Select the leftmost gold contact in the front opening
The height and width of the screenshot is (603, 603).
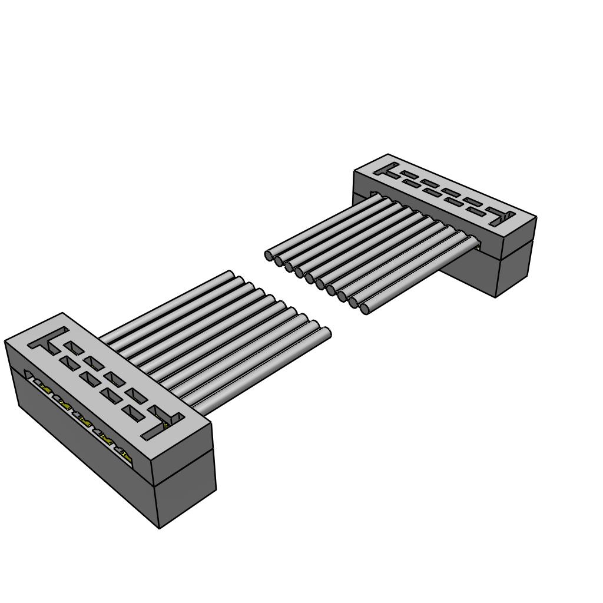pos(43,388)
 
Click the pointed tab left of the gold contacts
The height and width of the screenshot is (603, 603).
pos(28,375)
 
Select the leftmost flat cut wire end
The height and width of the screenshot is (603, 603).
pos(269,256)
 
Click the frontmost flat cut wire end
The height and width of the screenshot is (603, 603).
pos(365,309)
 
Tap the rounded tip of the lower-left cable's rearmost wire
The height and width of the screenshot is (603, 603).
pos(231,274)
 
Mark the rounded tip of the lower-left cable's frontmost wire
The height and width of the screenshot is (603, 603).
pos(327,333)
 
